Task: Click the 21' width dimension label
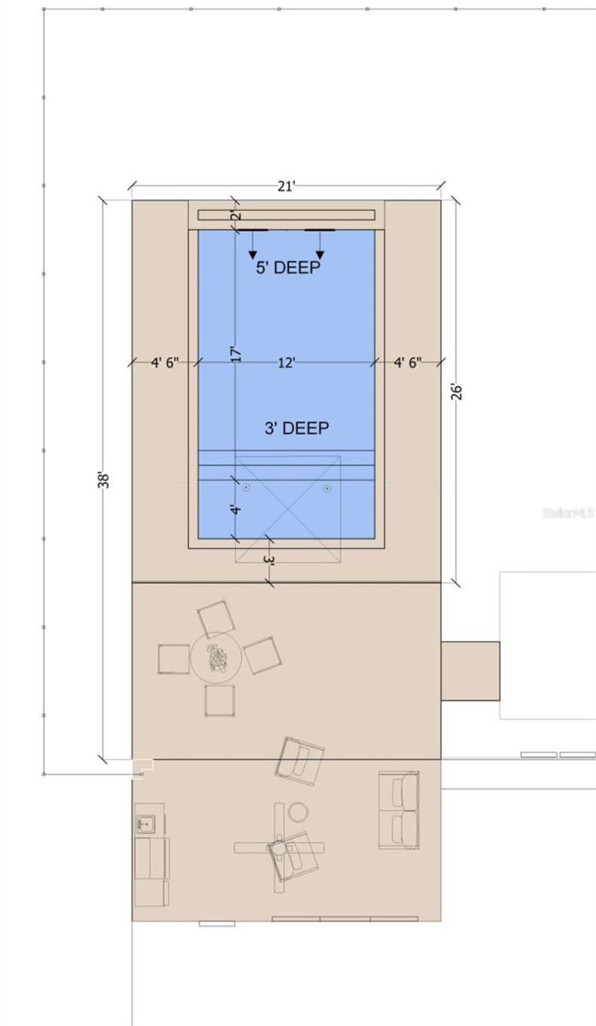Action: pos(286,186)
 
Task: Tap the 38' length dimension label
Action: pos(103,480)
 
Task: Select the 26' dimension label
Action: pos(457,392)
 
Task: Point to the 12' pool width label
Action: pos(286,363)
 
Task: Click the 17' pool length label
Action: pos(236,354)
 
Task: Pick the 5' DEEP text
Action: pos(287,268)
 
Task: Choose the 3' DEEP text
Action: pos(297,428)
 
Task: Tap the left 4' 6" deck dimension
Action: pos(165,363)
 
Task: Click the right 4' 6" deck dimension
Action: pos(408,363)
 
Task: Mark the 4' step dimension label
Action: pos(235,510)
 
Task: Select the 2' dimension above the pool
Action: pos(237,215)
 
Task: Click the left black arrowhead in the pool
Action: pos(252,255)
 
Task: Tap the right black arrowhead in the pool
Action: pos(320,255)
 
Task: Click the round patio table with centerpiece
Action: pos(215,658)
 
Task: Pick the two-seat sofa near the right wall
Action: pos(398,811)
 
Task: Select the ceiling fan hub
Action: pos(278,848)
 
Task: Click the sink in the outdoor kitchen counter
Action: pos(145,824)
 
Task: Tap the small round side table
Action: pos(298,812)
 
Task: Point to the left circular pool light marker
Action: pos(246,487)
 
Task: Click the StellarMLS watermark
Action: pos(568,513)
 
